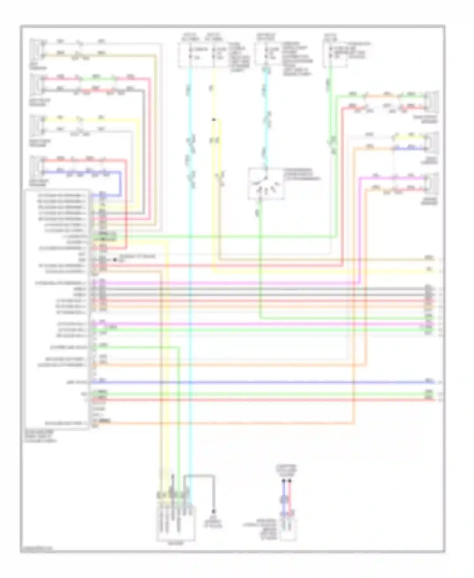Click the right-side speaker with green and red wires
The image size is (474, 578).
[432, 101]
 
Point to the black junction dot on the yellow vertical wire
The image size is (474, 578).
[214, 120]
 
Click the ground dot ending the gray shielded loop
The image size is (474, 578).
[214, 511]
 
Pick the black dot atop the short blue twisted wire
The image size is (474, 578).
[283, 481]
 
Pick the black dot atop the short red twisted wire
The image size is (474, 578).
[289, 481]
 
